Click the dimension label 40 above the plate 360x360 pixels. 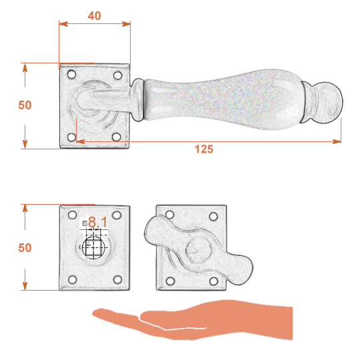[x=95, y=15]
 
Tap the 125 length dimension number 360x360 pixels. [x=204, y=149]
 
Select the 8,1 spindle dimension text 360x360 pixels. [x=98, y=222]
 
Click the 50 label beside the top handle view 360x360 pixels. [x=25, y=105]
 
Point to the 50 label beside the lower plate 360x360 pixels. [x=25, y=248]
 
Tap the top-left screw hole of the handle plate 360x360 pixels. [x=71, y=75]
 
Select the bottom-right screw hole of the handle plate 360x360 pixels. [x=117, y=137]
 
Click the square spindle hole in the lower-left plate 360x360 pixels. [x=93, y=248]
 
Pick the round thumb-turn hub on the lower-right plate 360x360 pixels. [x=199, y=249]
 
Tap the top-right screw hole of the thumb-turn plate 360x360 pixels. [x=213, y=216]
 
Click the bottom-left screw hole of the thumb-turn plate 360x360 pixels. [x=170, y=281]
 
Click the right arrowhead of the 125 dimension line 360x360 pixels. [x=337, y=141]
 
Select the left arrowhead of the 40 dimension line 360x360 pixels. [x=63, y=23]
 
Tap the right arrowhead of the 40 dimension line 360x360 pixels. [x=126, y=23]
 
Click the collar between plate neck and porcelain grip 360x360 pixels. [x=138, y=100]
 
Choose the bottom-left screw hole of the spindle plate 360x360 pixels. [x=73, y=279]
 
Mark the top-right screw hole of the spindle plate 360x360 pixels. [x=117, y=215]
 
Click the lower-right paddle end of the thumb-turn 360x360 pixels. [x=240, y=270]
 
